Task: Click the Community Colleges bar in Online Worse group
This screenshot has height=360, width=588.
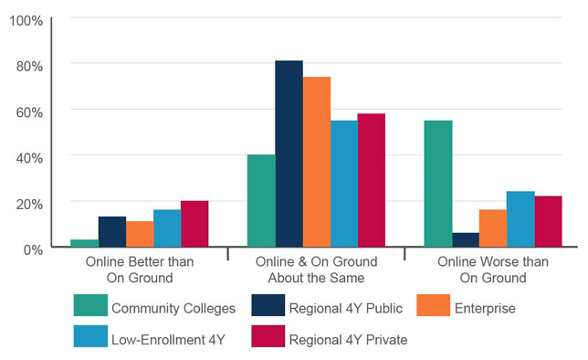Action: [438, 184]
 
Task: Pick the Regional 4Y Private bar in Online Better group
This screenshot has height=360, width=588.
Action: [194, 224]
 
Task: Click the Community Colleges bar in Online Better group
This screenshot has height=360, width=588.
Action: [85, 243]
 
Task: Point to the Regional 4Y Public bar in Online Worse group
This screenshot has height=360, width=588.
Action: [466, 239]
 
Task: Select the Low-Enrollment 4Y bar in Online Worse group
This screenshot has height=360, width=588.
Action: [520, 219]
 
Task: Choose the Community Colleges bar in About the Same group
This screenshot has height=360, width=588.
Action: [261, 201]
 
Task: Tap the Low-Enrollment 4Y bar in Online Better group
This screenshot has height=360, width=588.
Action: [167, 228]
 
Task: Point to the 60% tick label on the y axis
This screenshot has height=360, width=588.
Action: [28, 111]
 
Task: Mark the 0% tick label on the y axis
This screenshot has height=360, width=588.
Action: [32, 249]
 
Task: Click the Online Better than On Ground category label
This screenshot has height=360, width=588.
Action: [139, 270]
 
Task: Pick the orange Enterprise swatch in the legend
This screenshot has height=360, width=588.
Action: [433, 308]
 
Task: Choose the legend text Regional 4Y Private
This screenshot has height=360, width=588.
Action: [348, 340]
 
